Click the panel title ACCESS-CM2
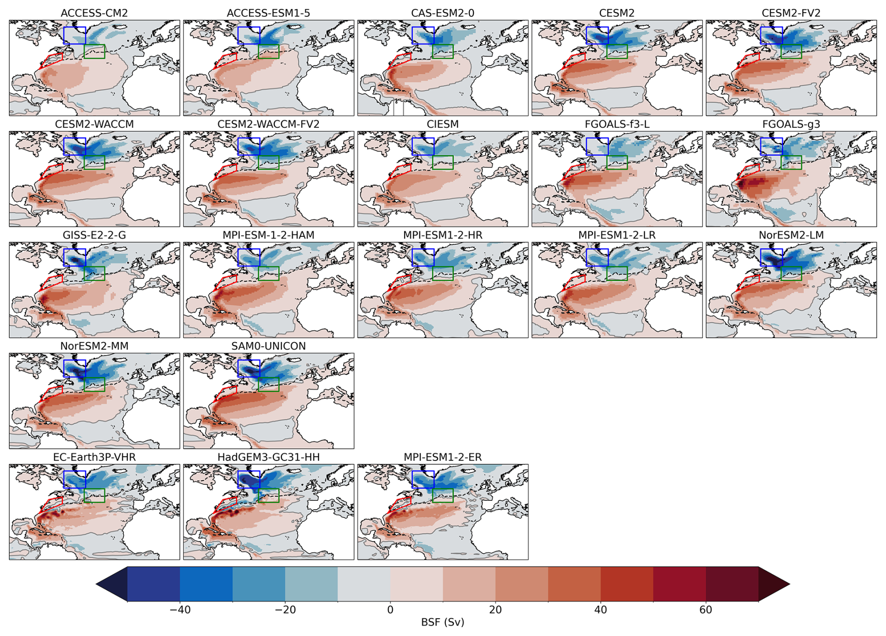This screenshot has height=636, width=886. point(94,13)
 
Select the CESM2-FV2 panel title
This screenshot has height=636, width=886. point(791,13)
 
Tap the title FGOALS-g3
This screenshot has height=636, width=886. point(791,124)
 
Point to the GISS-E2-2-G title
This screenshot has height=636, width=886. point(94,235)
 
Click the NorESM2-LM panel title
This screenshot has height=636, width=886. point(791,235)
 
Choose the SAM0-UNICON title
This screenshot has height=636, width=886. point(268,346)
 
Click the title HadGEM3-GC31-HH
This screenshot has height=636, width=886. point(268,457)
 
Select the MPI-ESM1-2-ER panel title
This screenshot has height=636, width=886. point(443,457)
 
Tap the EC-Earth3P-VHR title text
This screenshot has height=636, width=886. point(94,457)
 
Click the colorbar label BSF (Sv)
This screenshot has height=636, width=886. point(443,622)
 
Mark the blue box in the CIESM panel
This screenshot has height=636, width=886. point(423,146)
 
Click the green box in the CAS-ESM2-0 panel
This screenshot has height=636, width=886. point(443,51)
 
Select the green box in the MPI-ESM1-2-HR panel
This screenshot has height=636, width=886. point(443,273)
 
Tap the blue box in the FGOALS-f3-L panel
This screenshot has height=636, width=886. point(597,146)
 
